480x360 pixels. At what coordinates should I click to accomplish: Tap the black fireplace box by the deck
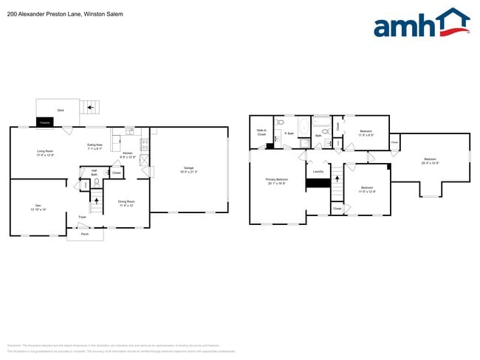[x=45, y=122]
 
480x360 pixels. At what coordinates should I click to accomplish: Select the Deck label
[x=61, y=110]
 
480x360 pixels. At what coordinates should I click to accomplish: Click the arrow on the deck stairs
[x=91, y=108]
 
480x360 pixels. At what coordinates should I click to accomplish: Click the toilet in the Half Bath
[x=95, y=181]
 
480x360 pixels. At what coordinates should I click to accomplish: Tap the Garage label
[x=189, y=169]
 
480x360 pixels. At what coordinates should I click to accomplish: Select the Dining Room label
[x=126, y=203]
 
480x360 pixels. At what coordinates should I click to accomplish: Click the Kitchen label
[x=128, y=154]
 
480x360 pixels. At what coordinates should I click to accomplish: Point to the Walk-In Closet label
[x=261, y=133]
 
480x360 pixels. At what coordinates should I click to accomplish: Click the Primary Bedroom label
[x=277, y=181]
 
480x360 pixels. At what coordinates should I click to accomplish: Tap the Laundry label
[x=318, y=172]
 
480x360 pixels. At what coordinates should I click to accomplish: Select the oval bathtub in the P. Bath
[x=304, y=127]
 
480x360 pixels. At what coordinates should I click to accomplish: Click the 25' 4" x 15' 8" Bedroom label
[x=430, y=161]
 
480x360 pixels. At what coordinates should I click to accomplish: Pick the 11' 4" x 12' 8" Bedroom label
[x=367, y=189]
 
